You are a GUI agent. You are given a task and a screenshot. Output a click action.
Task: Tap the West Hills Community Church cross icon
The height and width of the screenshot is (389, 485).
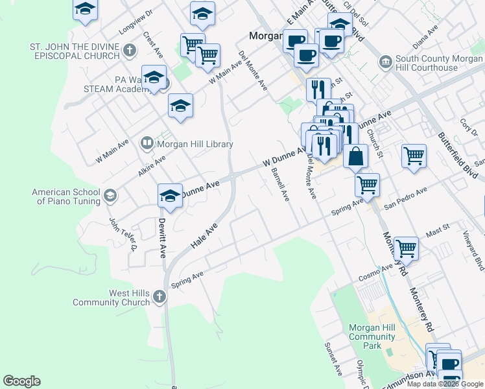[160, 298]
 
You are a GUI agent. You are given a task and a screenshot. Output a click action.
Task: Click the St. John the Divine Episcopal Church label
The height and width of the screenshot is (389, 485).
[75, 51]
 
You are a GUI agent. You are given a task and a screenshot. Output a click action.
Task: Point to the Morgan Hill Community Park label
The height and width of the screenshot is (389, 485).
[372, 336]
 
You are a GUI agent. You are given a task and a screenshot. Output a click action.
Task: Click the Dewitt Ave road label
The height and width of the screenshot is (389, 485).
[162, 237]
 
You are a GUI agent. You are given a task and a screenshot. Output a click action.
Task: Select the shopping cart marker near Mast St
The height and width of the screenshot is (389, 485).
[406, 247]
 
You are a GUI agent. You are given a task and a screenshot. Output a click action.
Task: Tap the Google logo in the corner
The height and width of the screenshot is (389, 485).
[21, 381]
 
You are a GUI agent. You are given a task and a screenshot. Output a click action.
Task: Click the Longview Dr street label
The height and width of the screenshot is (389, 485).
[135, 22]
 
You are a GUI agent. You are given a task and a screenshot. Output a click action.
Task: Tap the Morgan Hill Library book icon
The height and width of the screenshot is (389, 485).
[147, 144]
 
